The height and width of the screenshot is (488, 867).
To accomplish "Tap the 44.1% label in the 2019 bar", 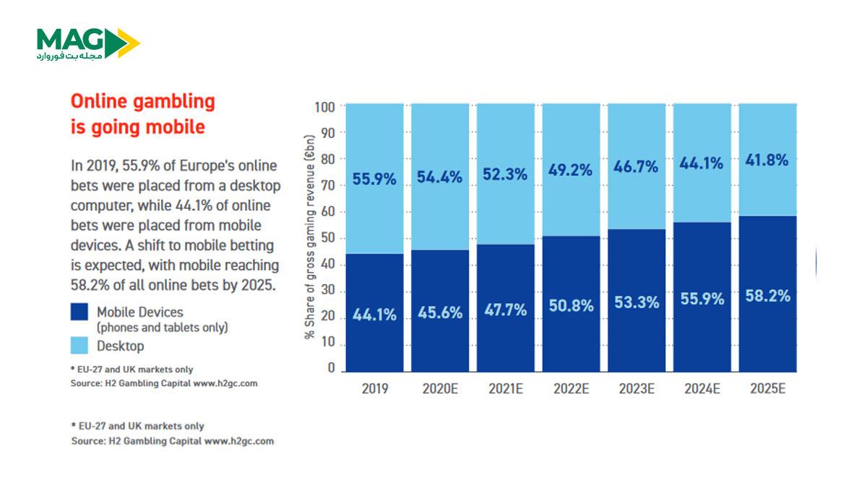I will tap(374, 315).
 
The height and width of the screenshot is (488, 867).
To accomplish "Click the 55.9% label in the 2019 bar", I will tap(374, 179).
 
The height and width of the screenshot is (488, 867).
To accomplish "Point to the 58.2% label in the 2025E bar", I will tap(767, 295).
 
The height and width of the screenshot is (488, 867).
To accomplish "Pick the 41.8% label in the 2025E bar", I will tap(767, 160).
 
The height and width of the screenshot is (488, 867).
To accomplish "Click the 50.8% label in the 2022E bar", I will tap(571, 306).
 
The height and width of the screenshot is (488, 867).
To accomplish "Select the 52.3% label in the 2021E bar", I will tap(505, 174).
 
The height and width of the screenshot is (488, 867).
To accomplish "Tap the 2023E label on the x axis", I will tap(637, 388).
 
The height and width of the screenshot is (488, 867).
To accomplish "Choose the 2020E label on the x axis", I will tap(440, 388).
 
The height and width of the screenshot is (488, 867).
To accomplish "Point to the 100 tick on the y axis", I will tap(326, 107).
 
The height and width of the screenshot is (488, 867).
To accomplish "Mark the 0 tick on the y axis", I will tap(332, 368).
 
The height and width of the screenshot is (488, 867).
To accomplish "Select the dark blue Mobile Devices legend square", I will tap(79, 312).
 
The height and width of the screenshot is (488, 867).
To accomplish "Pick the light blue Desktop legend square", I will tap(79, 346).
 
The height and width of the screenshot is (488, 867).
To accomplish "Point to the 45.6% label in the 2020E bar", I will tap(440, 313).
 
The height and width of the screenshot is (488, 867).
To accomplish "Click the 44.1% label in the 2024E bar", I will tap(702, 163).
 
